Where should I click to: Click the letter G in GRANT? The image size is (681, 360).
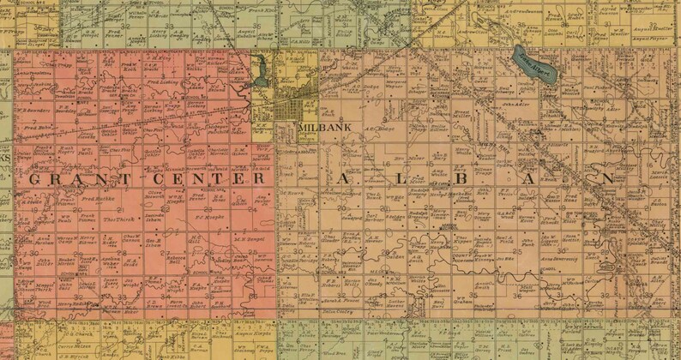pyautogui.click(x=36, y=178)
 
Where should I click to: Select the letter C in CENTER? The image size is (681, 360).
pyautogui.click(x=157, y=178)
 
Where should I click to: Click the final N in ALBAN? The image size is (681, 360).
pyautogui.click(x=608, y=178)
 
